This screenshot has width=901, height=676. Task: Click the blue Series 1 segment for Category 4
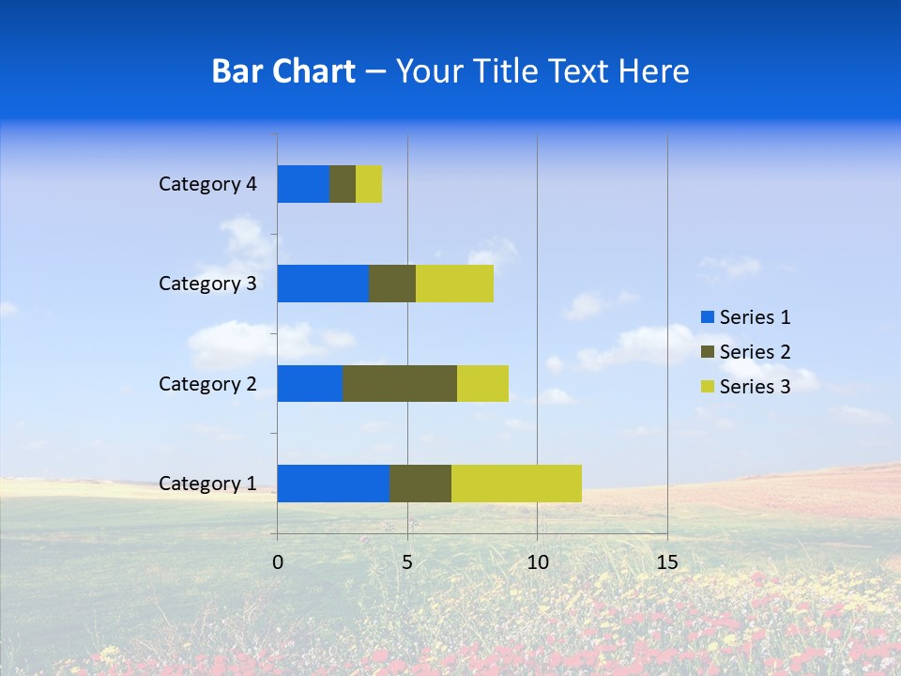303,184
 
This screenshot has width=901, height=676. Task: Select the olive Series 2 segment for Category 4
343,184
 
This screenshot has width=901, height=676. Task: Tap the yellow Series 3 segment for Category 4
369,184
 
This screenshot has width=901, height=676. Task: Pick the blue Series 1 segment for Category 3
323,284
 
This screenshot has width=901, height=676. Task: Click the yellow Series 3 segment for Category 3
454,284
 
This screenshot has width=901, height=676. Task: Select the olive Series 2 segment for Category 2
400,383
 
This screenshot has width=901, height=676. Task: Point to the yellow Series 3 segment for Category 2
482,383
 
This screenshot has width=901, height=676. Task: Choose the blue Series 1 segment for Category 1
333,483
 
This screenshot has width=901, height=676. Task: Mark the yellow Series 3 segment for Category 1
516,483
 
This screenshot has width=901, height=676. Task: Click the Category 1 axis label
207,484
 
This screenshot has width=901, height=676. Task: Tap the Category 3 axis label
207,284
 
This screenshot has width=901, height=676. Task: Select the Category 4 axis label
207,184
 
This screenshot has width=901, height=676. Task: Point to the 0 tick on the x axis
278,562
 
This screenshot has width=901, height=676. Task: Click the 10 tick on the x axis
537,562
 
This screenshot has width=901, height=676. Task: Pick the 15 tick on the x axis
666,562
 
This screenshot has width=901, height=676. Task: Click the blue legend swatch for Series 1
707,317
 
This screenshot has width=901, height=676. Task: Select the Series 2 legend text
755,352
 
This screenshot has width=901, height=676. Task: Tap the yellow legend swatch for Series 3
707,387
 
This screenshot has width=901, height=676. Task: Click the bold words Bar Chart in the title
283,71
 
